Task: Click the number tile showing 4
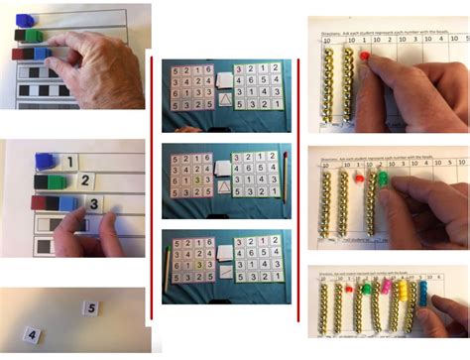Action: (x=32, y=336)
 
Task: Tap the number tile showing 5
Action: (x=89, y=308)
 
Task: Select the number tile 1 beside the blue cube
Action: (x=71, y=161)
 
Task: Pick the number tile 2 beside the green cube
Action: (x=86, y=180)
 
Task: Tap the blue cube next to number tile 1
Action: (x=45, y=161)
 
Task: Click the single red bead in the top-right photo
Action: (x=364, y=59)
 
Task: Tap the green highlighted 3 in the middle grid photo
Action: (x=198, y=180)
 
